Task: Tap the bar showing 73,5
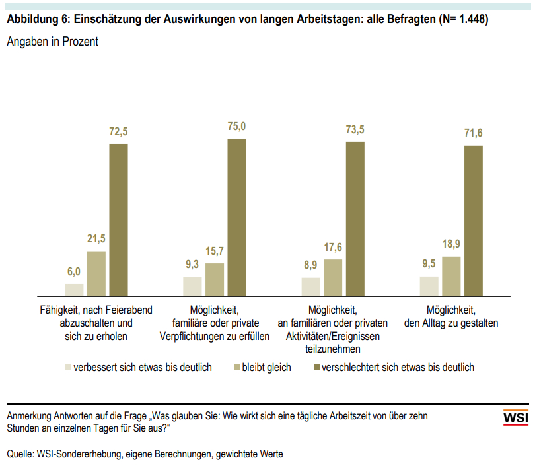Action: pos(355,219)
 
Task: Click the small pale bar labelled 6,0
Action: pos(74,289)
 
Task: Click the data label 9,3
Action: pos(192,265)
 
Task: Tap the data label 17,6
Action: pos(333,248)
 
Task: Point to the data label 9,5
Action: pos(429,264)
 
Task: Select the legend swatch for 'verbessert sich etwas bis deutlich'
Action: pos(67,367)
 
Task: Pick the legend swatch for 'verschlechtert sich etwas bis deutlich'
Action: pos(315,367)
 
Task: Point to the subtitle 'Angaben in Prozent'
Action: pos(52,42)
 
